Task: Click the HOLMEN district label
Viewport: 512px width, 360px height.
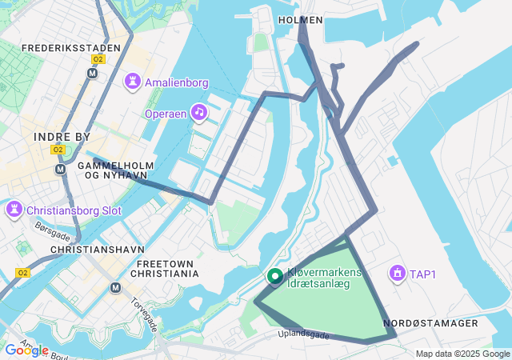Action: click(301, 19)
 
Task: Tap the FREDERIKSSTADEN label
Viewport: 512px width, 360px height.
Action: click(71, 48)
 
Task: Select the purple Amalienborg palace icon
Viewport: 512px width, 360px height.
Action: click(132, 82)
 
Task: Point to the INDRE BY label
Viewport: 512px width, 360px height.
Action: click(62, 138)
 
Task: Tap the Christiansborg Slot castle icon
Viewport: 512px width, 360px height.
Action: click(14, 210)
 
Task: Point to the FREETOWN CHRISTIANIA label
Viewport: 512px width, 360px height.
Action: click(167, 268)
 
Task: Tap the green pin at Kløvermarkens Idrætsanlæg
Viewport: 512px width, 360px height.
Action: click(274, 277)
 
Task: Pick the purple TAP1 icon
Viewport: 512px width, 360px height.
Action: click(396, 274)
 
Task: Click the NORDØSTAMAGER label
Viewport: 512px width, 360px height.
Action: click(430, 323)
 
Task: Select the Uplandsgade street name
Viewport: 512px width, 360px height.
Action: click(303, 334)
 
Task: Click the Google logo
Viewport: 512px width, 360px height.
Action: click(26, 350)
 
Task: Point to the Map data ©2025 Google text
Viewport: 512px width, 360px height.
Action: click(462, 354)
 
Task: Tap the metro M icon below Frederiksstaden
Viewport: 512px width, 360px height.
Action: click(92, 73)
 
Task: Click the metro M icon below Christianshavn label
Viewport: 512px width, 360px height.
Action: click(115, 287)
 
